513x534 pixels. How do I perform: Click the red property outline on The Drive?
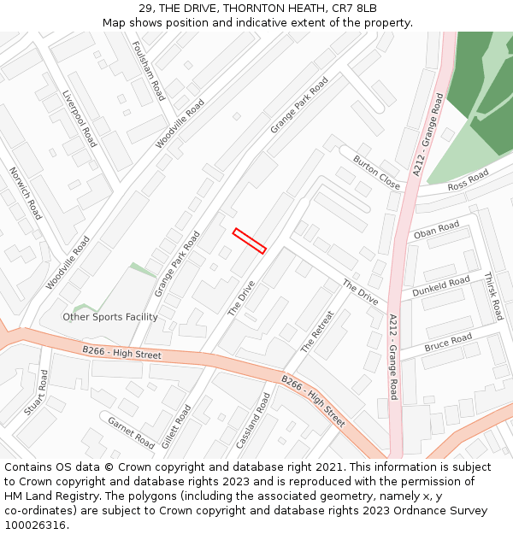(x=250, y=240)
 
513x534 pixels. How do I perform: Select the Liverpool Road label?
(x=79, y=119)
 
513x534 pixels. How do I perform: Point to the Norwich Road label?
(x=25, y=194)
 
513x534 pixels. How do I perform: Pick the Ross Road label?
(x=468, y=179)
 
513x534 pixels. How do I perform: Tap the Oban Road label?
(x=436, y=231)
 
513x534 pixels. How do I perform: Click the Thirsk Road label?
(x=493, y=296)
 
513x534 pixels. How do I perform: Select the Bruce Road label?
(x=448, y=343)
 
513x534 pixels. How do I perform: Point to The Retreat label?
(x=316, y=332)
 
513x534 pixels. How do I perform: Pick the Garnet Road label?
(x=131, y=431)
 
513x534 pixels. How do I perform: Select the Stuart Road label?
(x=36, y=393)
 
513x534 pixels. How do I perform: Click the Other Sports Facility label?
(x=110, y=317)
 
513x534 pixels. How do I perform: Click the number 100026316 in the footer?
(x=34, y=525)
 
